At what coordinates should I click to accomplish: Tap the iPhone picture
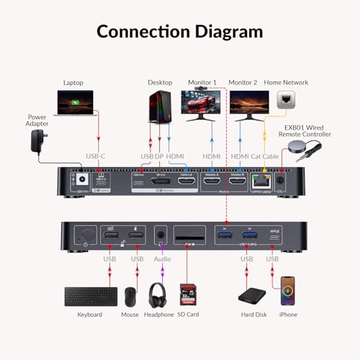(x=289, y=292)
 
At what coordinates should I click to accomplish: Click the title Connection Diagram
(x=179, y=31)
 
